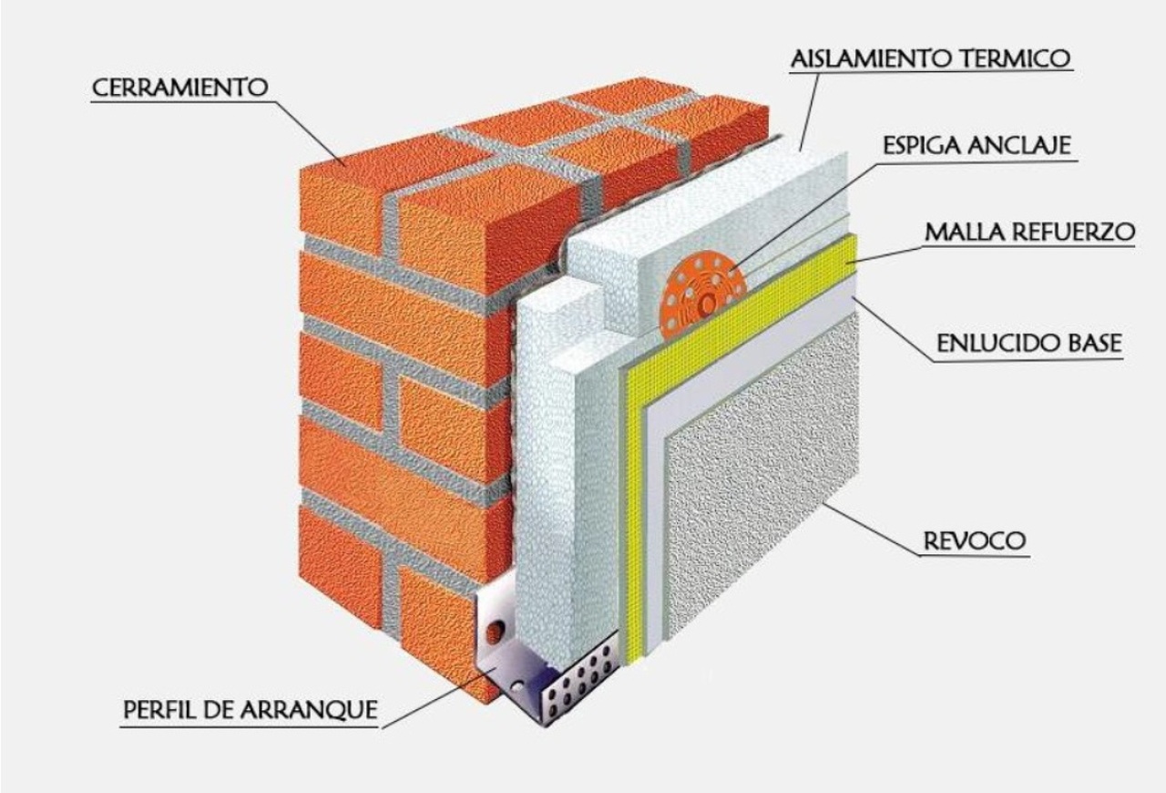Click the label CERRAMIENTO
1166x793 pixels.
179,88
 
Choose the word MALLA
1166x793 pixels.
967,232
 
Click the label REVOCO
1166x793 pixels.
975,541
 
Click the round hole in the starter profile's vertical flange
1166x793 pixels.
495,631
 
